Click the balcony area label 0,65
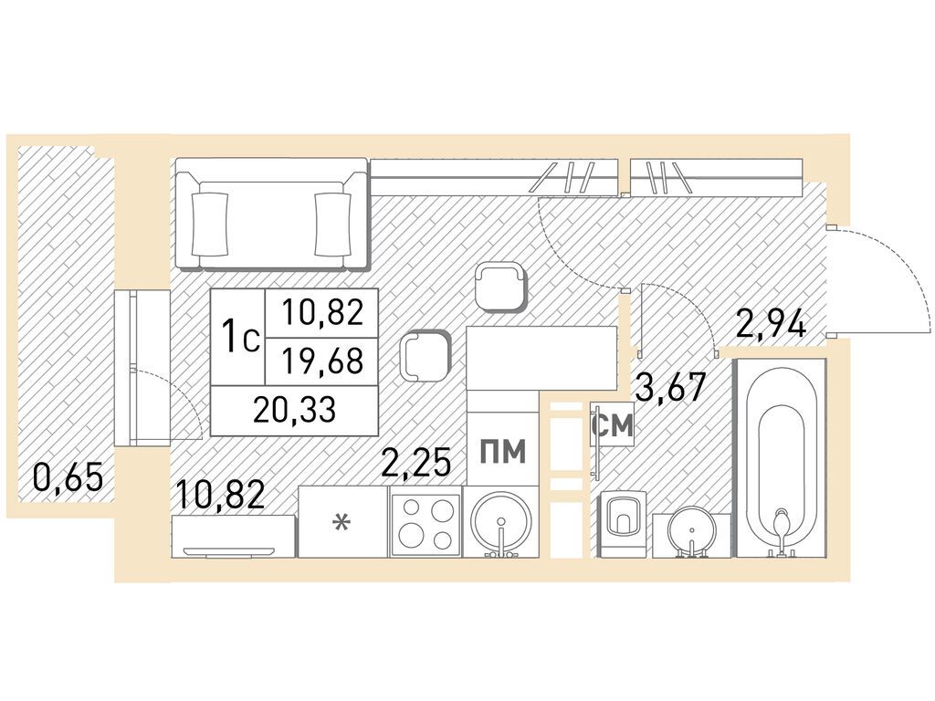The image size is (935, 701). click(x=68, y=476)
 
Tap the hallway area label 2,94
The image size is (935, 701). click(x=772, y=324)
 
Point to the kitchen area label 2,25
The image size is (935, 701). click(x=415, y=463)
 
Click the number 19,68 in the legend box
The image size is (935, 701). click(x=322, y=361)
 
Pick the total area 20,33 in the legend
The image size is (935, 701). click(x=294, y=410)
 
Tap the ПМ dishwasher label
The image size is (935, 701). click(x=503, y=451)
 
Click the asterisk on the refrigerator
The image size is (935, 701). click(x=341, y=523)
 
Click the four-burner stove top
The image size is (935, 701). click(x=425, y=523)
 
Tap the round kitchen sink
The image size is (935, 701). click(x=501, y=523)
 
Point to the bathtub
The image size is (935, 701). click(x=782, y=457)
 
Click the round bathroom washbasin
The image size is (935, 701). click(x=690, y=530)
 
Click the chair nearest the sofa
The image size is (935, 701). click(x=501, y=288)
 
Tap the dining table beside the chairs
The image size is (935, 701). click(x=541, y=358)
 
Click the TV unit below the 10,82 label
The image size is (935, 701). click(x=233, y=537)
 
